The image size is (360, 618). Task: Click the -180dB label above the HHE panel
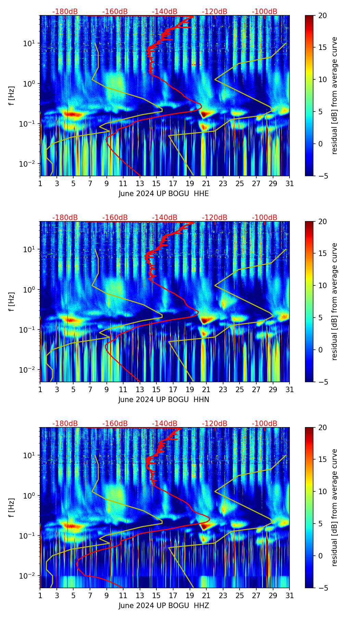[65, 12]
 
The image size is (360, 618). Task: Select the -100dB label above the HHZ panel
[265, 424]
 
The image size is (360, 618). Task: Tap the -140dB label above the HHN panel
[165, 218]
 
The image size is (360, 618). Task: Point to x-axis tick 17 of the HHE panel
[173, 183]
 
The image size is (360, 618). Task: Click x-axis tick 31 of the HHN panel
[290, 389]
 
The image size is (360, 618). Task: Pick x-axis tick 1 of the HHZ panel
[40, 595]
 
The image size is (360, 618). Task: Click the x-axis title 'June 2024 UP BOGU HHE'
[164, 194]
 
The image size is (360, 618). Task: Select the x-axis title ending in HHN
[164, 400]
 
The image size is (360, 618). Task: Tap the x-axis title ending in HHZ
[164, 606]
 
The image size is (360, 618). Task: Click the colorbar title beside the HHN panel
[334, 301]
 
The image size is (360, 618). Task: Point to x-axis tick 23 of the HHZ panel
[223, 595]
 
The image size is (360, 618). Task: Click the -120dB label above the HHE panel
[215, 12]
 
